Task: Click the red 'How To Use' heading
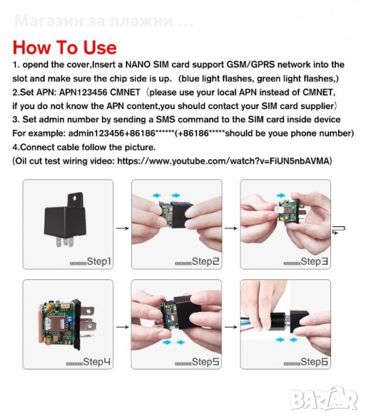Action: pos(65,47)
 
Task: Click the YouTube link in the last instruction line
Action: pos(224,161)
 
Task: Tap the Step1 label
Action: pos(99,261)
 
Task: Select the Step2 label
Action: pos(205,261)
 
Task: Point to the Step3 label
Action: pos(314,261)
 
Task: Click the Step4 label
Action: pos(96,362)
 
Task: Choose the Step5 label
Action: pos(205,362)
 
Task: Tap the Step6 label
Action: pos(314,362)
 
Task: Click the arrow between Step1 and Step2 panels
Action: pos(122,228)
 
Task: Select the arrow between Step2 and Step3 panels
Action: pos(231,228)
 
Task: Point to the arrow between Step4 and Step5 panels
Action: pos(122,327)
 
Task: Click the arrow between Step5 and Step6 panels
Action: pos(231,327)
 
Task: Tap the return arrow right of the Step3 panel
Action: pos(339,229)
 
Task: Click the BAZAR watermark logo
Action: pos(324,399)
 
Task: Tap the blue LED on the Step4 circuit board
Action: pos(70,320)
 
